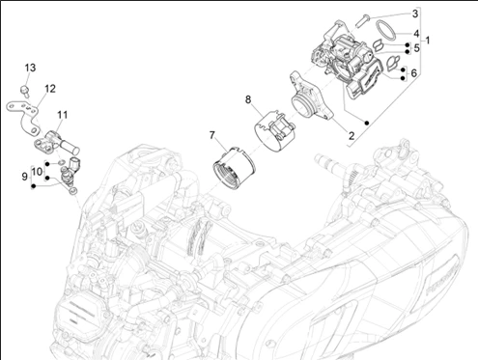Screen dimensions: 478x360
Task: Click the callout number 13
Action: pyautogui.click(x=30, y=68)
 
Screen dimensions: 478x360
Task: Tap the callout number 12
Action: pyautogui.click(x=50, y=89)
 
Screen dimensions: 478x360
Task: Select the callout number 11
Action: pyautogui.click(x=63, y=115)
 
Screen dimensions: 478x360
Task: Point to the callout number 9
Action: pyautogui.click(x=25, y=177)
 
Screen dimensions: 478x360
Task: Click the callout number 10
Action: pyautogui.click(x=38, y=172)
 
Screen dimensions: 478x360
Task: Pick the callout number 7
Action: pyautogui.click(x=211, y=135)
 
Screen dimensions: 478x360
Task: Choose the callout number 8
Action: pyautogui.click(x=248, y=99)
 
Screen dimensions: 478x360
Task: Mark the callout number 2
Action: pyautogui.click(x=351, y=136)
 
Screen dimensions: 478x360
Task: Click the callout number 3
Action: pyautogui.click(x=415, y=14)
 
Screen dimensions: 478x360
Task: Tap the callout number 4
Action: pyautogui.click(x=416, y=34)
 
